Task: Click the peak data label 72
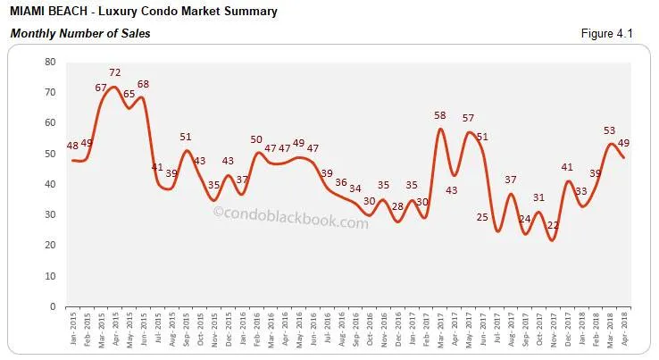pyautogui.click(x=115, y=71)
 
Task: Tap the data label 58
pyautogui.click(x=439, y=116)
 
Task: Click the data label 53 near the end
pyautogui.click(x=612, y=130)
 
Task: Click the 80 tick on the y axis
pyautogui.click(x=50, y=63)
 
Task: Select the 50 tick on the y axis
pyautogui.click(x=50, y=154)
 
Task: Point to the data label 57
pyautogui.click(x=468, y=119)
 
